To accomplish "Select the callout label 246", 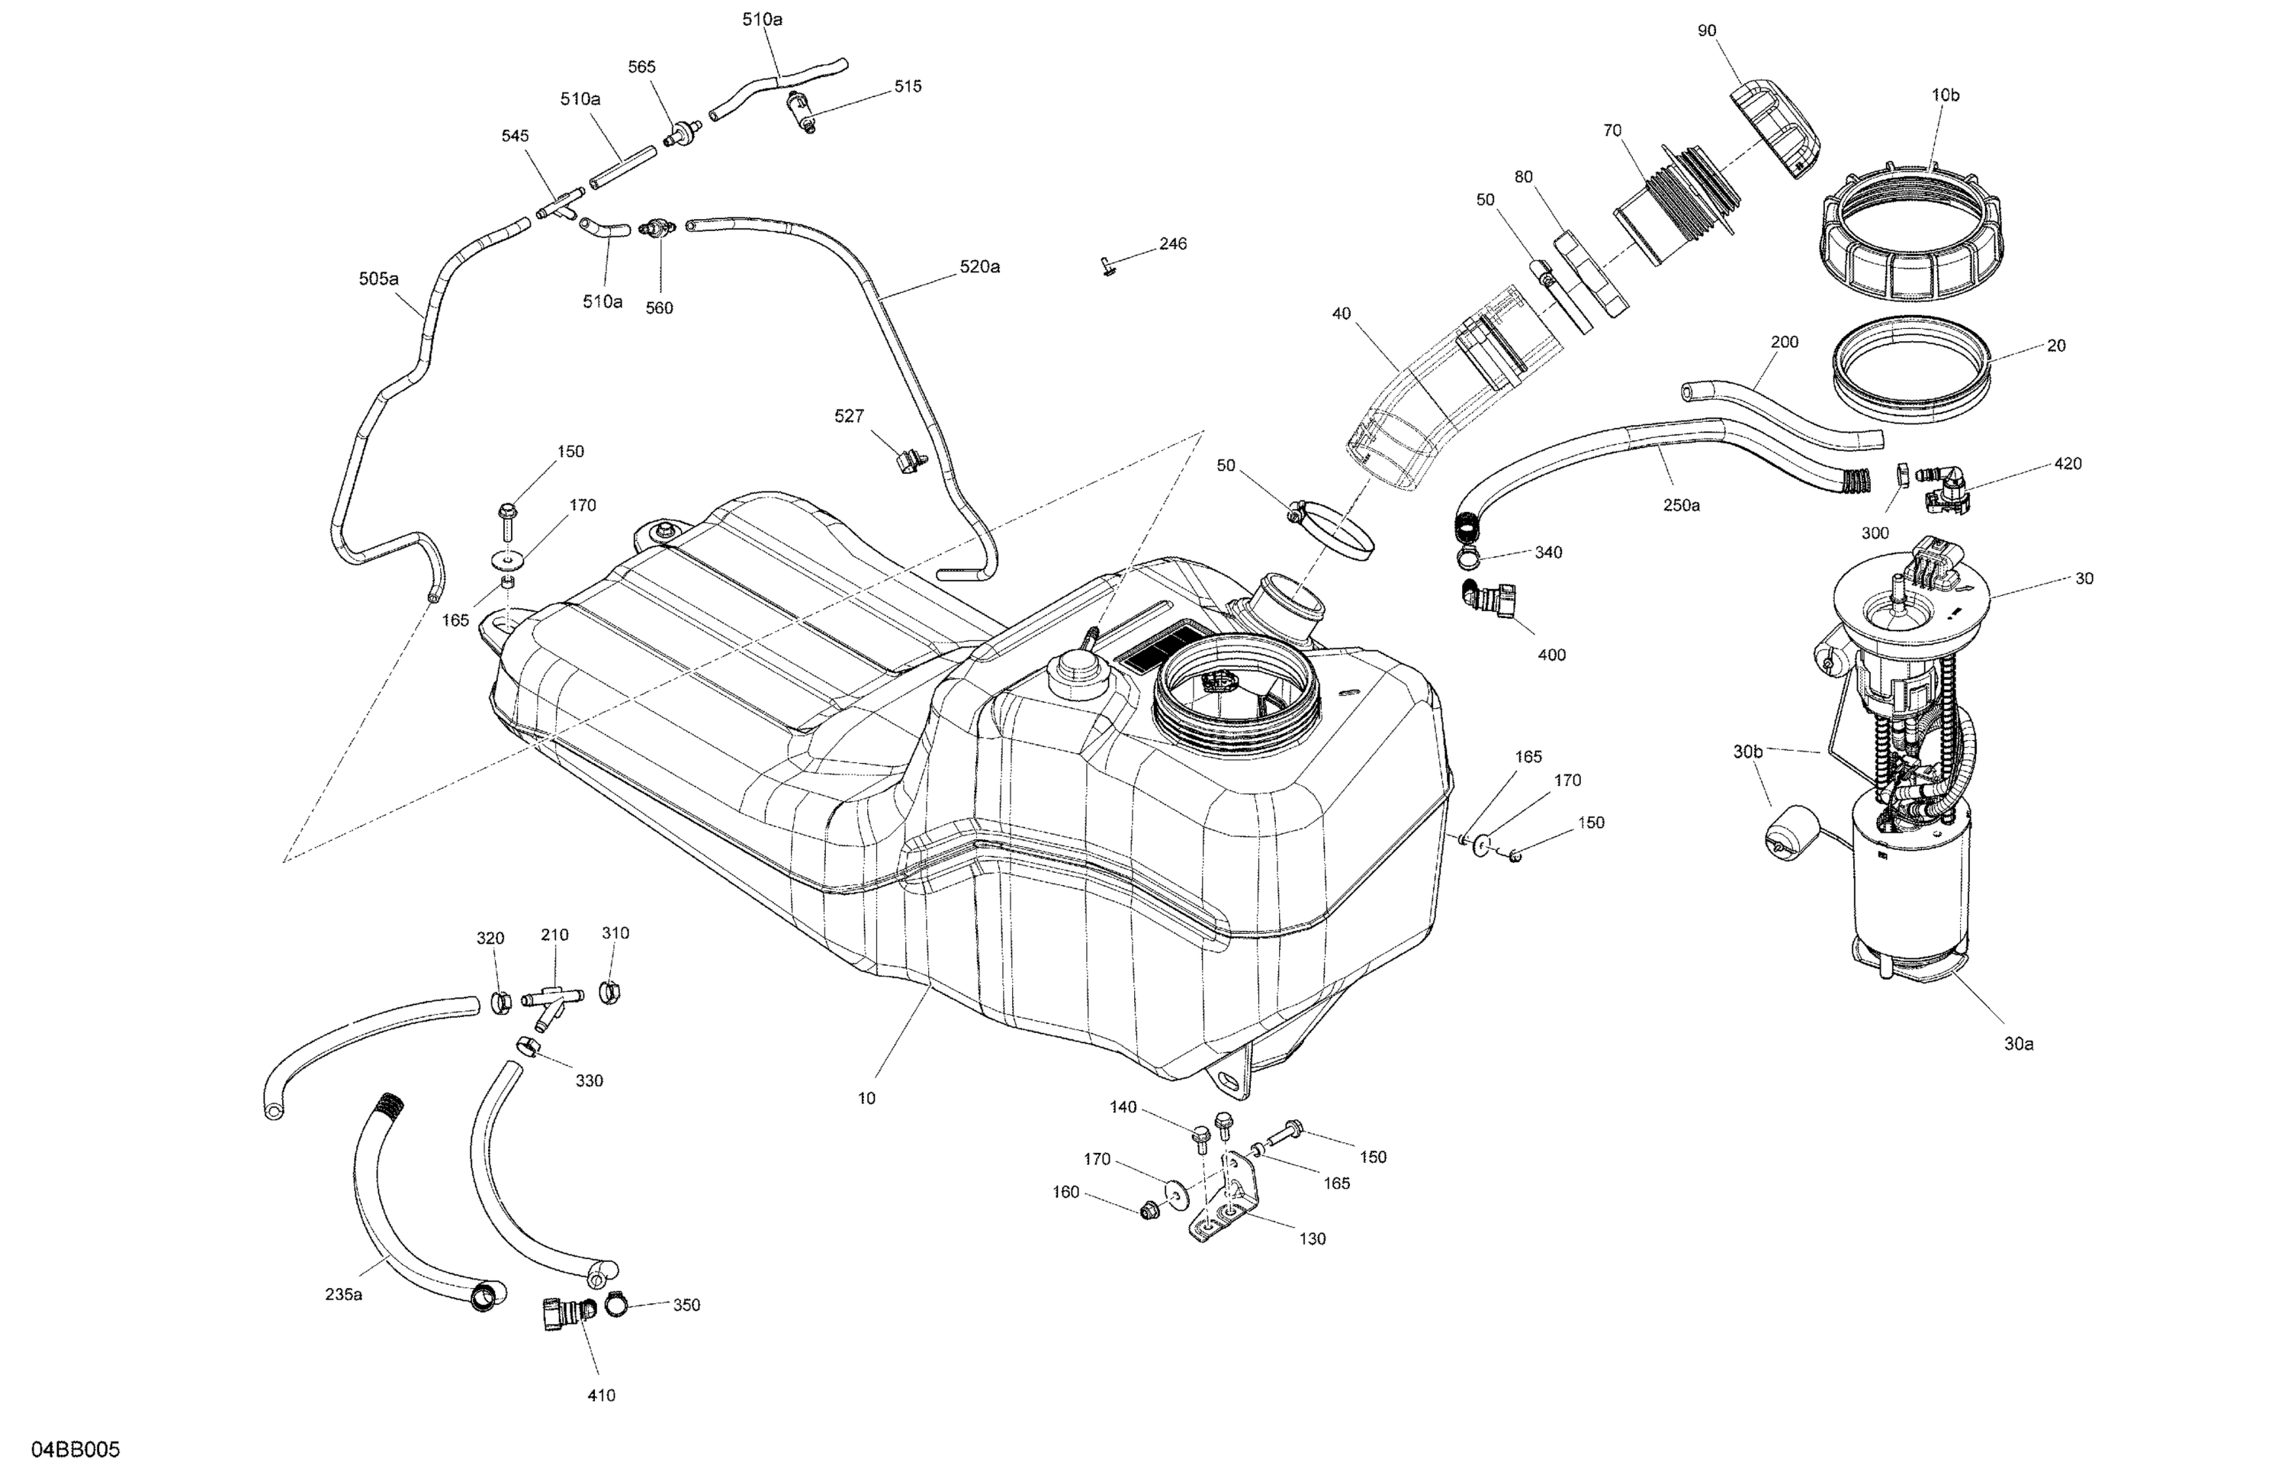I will pos(1173,244).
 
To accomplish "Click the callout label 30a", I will pos(2018,1044).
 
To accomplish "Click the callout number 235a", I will pos(343,1294).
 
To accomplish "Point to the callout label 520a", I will pos(979,267).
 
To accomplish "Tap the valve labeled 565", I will pos(680,134).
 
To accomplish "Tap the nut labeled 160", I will pos(1147,1211).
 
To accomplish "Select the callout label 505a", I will pos(379,279).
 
